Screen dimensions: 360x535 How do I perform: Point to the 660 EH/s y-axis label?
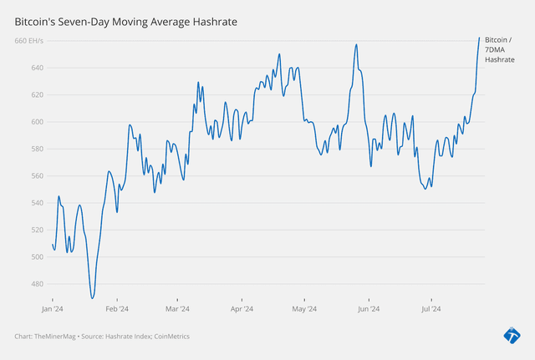[29, 41]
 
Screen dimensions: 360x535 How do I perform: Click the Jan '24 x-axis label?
[53, 309]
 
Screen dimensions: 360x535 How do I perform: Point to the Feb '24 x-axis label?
[117, 309]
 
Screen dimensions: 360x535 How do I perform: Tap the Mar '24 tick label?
[177, 309]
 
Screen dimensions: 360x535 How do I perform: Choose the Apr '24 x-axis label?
[242, 309]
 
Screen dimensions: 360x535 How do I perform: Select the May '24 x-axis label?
[304, 309]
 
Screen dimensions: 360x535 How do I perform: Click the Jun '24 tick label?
[369, 309]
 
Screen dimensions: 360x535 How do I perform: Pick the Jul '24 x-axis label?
[431, 309]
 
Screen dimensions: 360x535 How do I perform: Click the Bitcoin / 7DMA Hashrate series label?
[499, 50]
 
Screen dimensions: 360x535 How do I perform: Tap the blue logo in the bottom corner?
[512, 335]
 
